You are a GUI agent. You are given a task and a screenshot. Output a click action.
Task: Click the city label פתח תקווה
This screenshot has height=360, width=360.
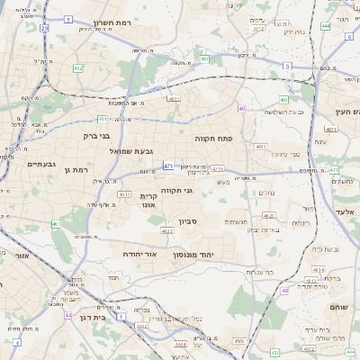point(212,139)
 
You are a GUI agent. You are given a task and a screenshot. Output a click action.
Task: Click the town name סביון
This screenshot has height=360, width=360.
point(213,220)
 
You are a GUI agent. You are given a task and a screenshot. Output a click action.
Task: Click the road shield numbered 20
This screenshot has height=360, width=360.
point(44,28)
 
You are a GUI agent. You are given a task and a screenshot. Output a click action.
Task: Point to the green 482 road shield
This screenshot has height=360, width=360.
point(78,67)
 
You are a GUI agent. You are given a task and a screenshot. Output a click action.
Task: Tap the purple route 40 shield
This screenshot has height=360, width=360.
point(242,108)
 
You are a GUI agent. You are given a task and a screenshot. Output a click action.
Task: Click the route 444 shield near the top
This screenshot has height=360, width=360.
point(325,25)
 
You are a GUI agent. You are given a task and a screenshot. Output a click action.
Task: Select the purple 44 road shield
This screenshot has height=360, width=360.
point(69,315)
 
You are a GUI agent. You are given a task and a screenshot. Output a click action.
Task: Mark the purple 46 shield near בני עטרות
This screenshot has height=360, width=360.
point(284,290)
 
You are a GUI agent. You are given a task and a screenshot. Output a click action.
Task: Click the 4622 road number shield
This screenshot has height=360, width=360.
point(167,231)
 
